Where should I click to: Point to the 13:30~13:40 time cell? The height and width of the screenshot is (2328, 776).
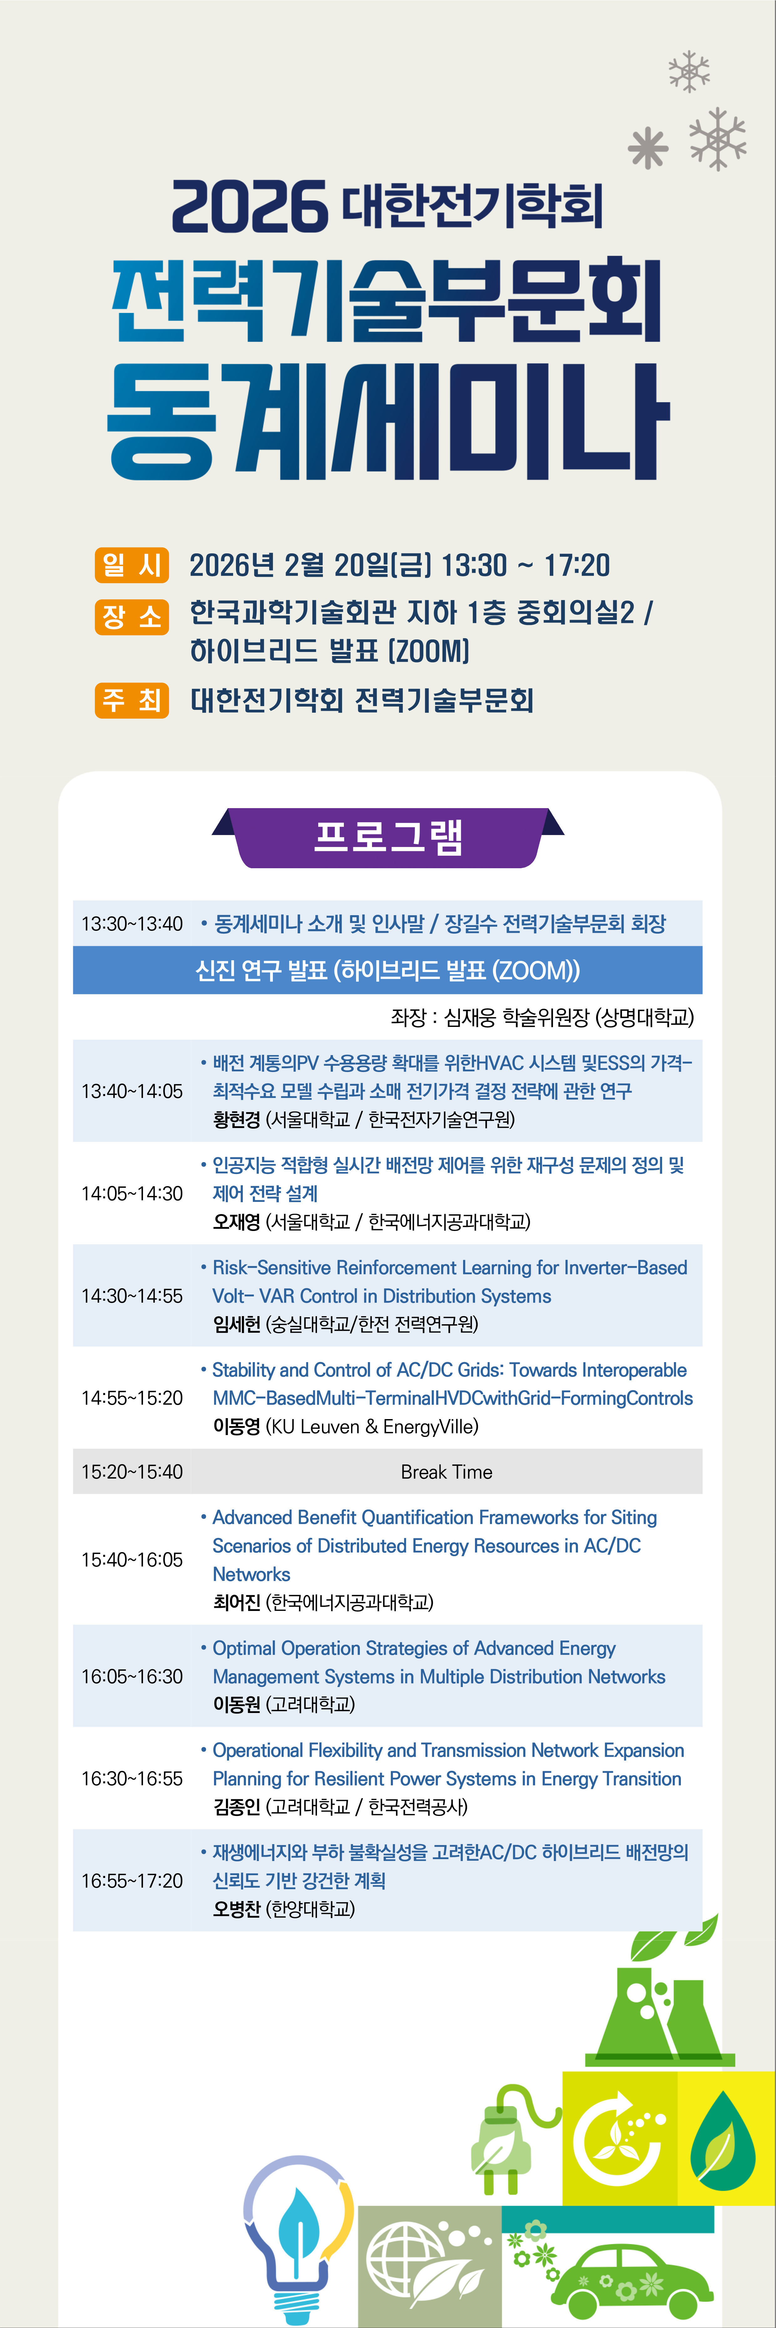click(x=132, y=924)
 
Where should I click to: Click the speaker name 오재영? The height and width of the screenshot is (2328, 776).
click(x=237, y=1222)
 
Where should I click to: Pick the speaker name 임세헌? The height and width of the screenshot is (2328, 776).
click(x=237, y=1324)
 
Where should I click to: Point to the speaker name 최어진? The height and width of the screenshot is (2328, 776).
click(x=237, y=1602)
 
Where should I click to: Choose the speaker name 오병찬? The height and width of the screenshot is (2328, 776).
click(x=237, y=1909)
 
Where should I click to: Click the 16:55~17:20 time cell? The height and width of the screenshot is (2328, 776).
click(x=132, y=1881)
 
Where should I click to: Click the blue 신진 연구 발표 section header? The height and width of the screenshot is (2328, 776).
click(x=388, y=971)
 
